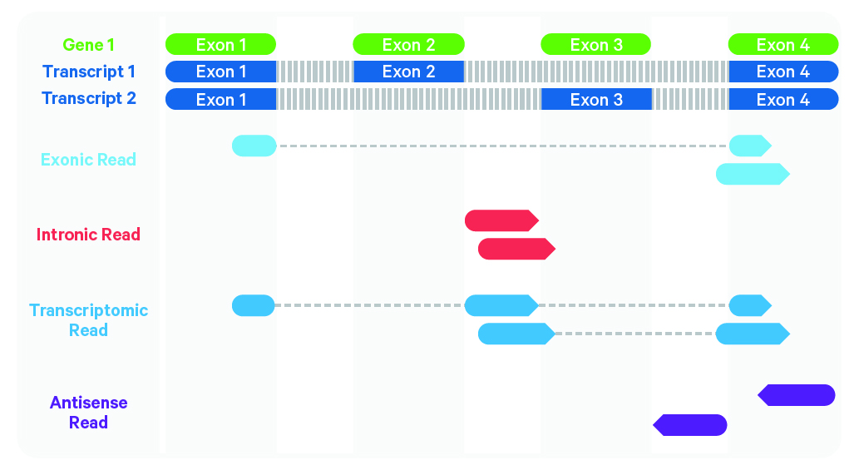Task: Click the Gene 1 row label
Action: pyautogui.click(x=88, y=44)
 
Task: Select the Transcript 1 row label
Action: pyautogui.click(x=89, y=72)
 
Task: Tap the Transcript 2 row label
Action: pyautogui.click(x=89, y=98)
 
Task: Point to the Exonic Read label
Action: pyautogui.click(x=88, y=160)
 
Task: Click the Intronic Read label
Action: pyautogui.click(x=88, y=235)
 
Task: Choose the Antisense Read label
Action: pyautogui.click(x=88, y=413)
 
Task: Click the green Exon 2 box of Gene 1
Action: pyautogui.click(x=408, y=44)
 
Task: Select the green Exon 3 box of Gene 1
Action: pyautogui.click(x=596, y=44)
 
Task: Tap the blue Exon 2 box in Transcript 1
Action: pyautogui.click(x=408, y=72)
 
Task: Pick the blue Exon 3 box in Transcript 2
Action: pyautogui.click(x=596, y=99)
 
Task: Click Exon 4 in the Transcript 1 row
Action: pyautogui.click(x=783, y=72)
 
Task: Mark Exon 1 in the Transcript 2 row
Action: pyautogui.click(x=220, y=99)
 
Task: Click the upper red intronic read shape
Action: pyautogui.click(x=501, y=220)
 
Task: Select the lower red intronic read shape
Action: pyautogui.click(x=516, y=249)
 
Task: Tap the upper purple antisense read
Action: pyautogui.click(x=797, y=395)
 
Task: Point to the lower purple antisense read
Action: pyautogui.click(x=690, y=425)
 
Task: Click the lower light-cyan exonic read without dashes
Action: pyautogui.click(x=753, y=174)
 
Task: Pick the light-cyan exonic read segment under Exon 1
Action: pyautogui.click(x=254, y=146)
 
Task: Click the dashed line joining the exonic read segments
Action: pyautogui.click(x=503, y=146)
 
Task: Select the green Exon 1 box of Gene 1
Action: pyautogui.click(x=220, y=44)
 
